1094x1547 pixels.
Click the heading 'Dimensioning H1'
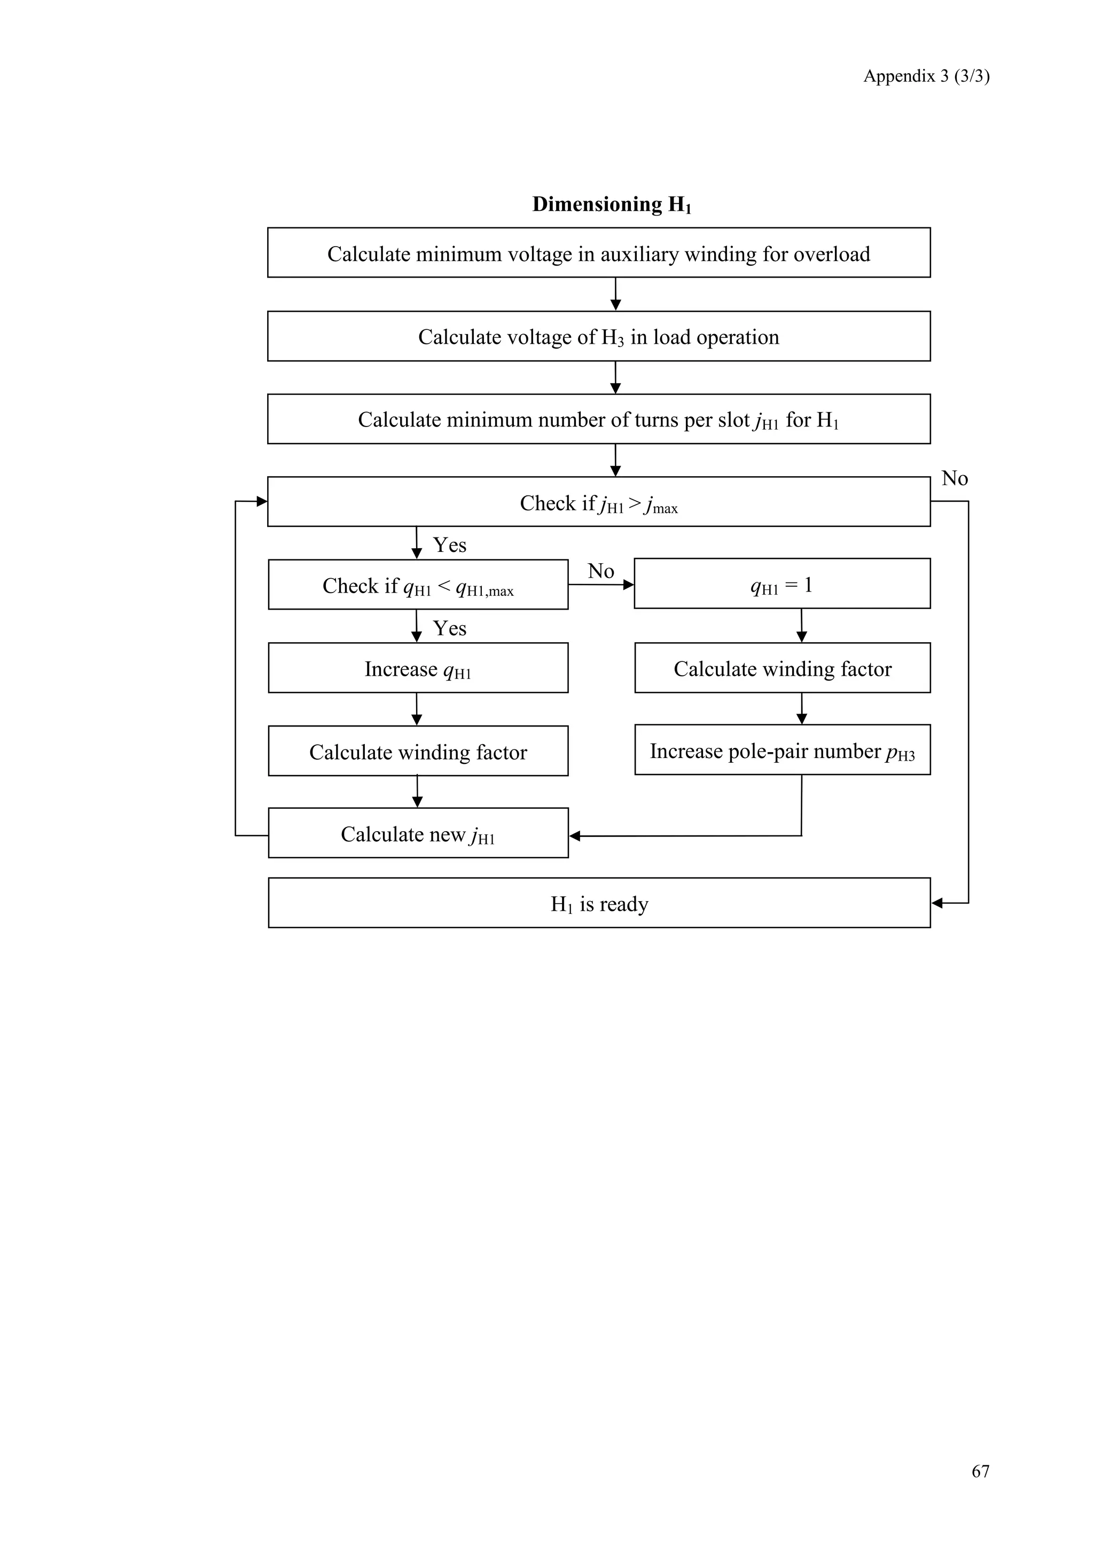coord(612,204)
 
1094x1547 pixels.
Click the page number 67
coord(980,1471)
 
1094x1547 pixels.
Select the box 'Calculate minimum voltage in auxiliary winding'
coord(599,254)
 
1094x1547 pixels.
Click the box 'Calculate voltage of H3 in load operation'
coord(599,336)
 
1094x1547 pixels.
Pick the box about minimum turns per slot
coord(599,419)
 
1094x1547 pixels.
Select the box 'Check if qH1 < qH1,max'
coord(418,585)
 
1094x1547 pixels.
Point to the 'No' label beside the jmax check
coord(955,478)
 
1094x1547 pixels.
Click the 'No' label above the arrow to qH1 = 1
coord(600,571)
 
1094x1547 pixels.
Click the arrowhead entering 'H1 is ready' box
coord(937,903)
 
